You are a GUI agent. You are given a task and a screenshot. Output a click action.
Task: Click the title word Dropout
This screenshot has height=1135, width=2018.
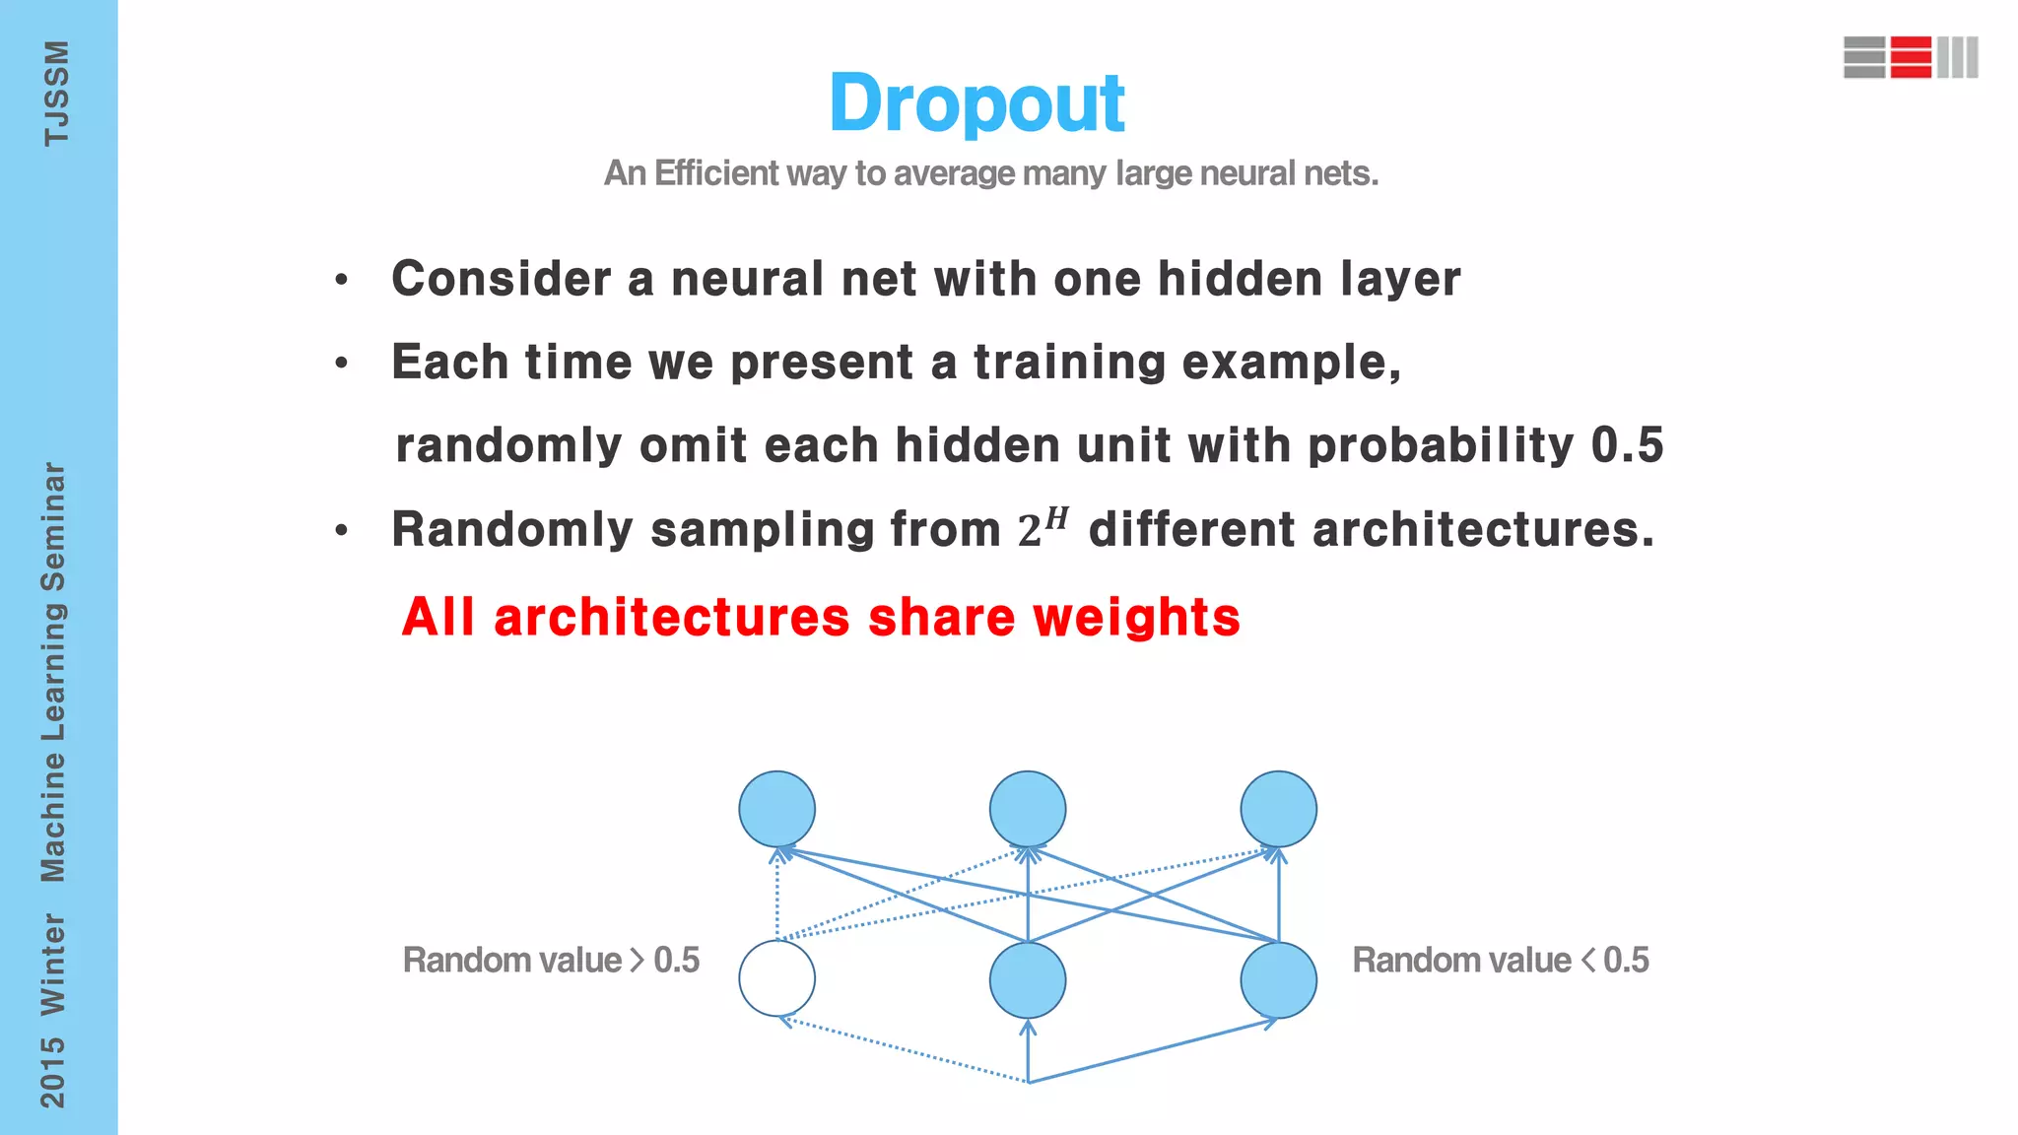[x=976, y=103]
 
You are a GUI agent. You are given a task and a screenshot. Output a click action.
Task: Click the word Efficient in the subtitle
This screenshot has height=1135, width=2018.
[x=716, y=173]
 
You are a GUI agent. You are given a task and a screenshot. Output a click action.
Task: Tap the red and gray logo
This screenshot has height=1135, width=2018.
[x=1911, y=57]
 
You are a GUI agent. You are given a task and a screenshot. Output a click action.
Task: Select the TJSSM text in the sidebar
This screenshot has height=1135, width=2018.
[x=56, y=94]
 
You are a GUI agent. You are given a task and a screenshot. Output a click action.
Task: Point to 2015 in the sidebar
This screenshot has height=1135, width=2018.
[x=52, y=1072]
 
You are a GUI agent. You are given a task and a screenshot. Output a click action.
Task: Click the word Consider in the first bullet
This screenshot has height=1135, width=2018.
[x=501, y=279]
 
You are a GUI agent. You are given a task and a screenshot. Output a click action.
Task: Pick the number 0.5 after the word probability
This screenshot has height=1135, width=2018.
[x=1627, y=445]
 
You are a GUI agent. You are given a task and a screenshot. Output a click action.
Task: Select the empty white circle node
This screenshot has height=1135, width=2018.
[x=776, y=978]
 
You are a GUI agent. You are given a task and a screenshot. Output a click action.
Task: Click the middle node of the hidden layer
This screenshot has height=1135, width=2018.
[x=1028, y=980]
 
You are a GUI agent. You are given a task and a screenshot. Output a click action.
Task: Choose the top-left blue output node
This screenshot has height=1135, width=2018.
[x=776, y=809]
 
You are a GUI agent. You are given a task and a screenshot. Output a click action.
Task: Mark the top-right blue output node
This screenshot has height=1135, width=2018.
[x=1278, y=809]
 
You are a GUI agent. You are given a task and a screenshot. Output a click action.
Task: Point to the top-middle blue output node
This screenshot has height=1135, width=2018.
[x=1028, y=809]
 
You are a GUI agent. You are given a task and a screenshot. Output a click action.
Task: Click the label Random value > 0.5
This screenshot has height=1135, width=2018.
[x=551, y=960]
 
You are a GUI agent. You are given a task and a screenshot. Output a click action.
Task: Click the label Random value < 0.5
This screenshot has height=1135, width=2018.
[x=1500, y=960]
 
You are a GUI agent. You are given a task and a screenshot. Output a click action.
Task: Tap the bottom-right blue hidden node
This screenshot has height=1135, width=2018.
[x=1278, y=980]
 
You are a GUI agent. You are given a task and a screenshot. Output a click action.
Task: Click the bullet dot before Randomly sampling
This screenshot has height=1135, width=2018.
[x=341, y=531]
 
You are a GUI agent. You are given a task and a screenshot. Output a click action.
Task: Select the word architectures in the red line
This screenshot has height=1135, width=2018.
[x=671, y=618]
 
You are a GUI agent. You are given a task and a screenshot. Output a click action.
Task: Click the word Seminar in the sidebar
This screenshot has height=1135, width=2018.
[x=53, y=527]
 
